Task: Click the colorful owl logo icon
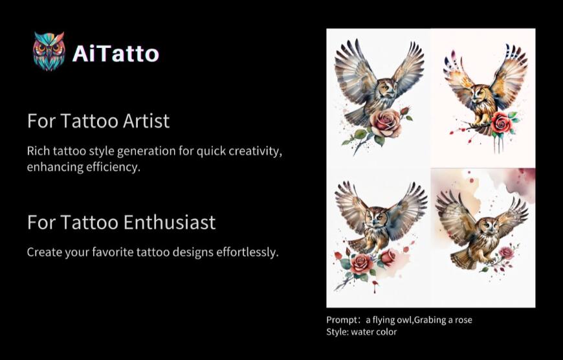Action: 49,51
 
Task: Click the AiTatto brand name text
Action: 115,53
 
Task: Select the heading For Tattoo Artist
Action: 98,120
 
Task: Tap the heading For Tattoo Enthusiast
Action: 121,222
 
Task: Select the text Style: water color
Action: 361,332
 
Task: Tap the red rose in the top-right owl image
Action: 500,122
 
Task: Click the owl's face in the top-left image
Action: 386,87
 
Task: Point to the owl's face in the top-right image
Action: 479,94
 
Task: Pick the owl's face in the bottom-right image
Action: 488,227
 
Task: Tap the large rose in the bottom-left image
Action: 362,263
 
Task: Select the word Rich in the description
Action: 38,151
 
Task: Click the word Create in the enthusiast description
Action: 45,252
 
